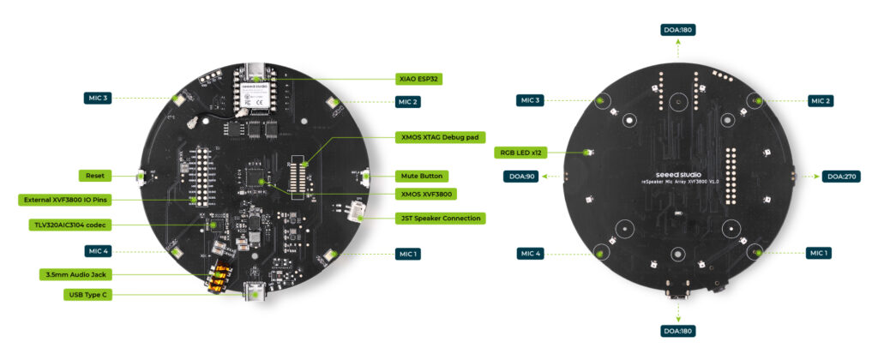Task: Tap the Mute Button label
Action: [421, 176]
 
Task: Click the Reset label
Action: [94, 176]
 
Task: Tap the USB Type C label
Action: [90, 295]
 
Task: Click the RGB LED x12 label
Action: [520, 153]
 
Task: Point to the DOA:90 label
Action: [521, 177]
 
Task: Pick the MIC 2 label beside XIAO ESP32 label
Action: [406, 102]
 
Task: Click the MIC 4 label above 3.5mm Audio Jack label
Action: [97, 251]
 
